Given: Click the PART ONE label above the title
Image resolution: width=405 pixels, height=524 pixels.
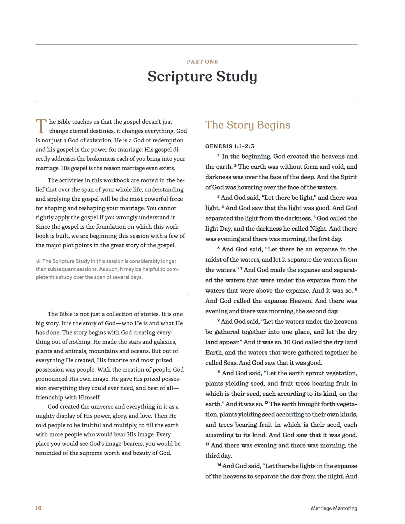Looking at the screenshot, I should pyautogui.click(x=202, y=62).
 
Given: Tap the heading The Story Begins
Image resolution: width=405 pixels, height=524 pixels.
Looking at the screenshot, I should pyautogui.click(x=248, y=125).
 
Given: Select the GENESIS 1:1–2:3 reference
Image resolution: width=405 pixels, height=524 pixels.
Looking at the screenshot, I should pyautogui.click(x=230, y=146).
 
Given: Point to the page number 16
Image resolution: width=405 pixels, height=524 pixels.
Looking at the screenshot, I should pyautogui.click(x=38, y=508).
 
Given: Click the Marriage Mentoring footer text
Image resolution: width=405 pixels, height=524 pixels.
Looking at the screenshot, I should pyautogui.click(x=334, y=508).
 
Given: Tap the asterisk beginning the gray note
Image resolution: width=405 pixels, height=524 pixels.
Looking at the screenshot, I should pyautogui.click(x=38, y=261).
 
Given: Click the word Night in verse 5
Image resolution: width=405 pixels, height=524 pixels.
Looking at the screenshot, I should pyautogui.click(x=318, y=229).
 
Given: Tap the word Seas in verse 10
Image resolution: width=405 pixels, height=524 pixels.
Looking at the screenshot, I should pyautogui.click(x=230, y=363).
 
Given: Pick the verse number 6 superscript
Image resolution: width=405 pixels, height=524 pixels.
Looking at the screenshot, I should pyautogui.click(x=218, y=248).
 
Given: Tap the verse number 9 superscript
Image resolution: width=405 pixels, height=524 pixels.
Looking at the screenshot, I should pyautogui.click(x=218, y=320).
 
